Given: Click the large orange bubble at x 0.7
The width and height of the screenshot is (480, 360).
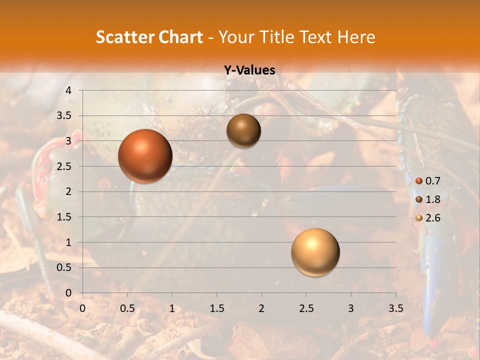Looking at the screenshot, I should [145, 156].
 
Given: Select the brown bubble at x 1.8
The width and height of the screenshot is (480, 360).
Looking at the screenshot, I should [243, 130].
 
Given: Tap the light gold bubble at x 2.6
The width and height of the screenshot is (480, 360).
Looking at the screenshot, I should [315, 252].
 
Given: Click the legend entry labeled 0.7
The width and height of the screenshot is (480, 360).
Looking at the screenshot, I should [428, 181].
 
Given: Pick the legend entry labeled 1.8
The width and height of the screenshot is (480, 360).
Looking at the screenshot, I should [428, 199].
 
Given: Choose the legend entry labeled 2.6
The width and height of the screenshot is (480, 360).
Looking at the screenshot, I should [428, 217].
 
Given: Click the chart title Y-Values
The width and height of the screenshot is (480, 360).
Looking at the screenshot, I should [249, 70].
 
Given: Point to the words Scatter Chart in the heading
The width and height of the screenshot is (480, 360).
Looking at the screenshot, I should [149, 37].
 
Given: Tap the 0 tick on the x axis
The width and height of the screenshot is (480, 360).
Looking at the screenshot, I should [82, 308].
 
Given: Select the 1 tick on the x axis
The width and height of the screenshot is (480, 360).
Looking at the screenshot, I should [172, 308].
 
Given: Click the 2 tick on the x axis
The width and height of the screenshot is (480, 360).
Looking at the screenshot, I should [261, 308].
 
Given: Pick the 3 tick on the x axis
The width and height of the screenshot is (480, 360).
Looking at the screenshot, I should [350, 308].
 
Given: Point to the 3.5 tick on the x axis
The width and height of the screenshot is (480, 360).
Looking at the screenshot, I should [395, 308].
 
